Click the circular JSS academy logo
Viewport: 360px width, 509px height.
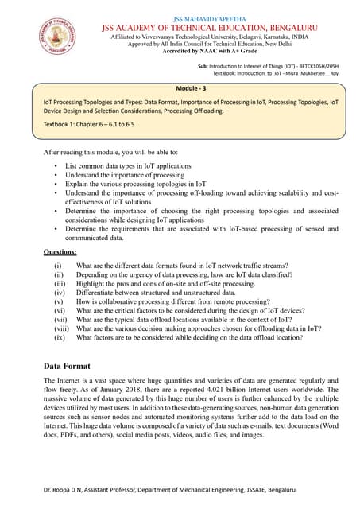[x=56, y=38]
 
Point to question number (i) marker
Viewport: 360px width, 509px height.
[x=57, y=265]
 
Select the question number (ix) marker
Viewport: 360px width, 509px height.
[x=59, y=337]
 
